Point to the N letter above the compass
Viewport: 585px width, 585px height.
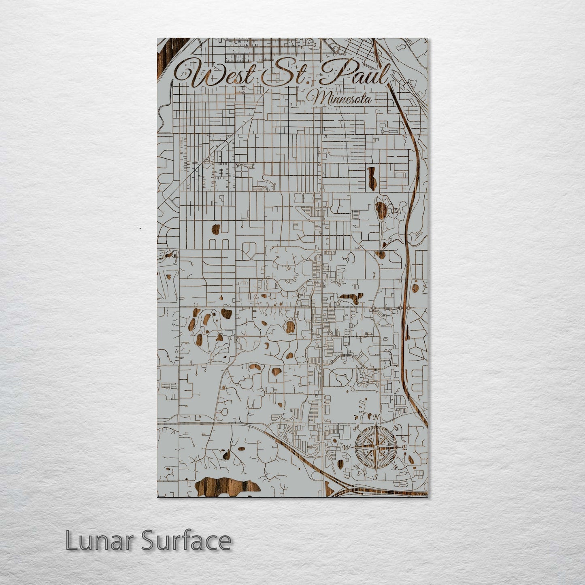(x=376, y=417)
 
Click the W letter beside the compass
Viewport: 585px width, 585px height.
(x=347, y=448)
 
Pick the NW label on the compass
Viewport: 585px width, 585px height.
(x=357, y=428)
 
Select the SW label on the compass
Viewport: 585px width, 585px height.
(x=356, y=467)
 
